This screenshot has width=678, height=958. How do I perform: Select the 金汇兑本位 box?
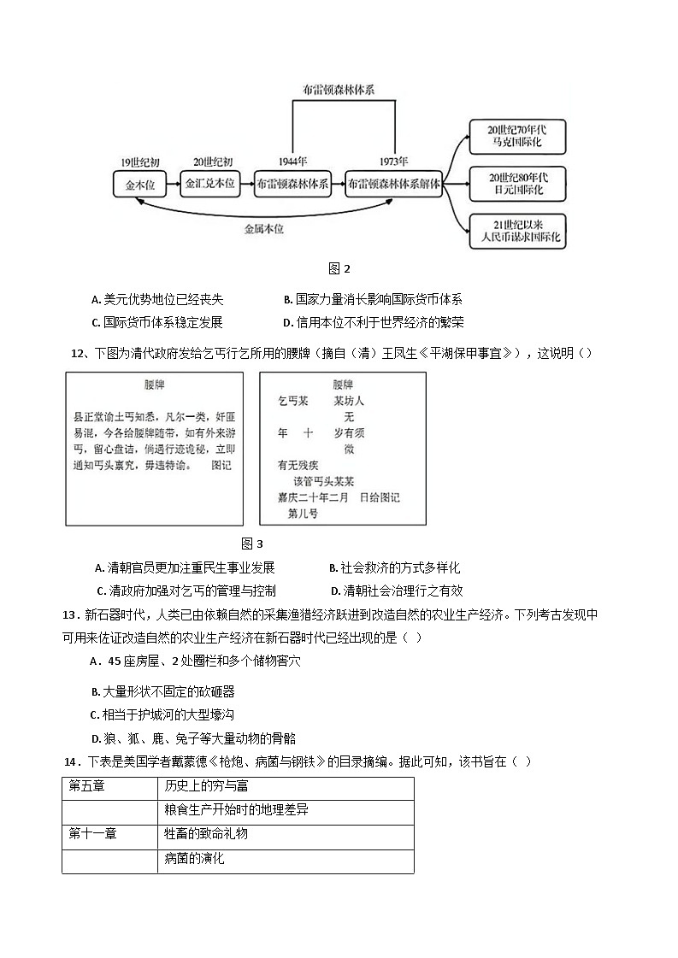coord(210,184)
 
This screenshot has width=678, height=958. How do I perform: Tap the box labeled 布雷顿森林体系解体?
coord(393,184)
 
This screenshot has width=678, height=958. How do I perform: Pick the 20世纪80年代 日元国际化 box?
coord(517,184)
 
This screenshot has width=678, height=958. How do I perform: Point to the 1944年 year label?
coord(293,162)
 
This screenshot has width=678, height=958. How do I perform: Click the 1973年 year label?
coord(394,162)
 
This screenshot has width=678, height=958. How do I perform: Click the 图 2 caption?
coord(340,268)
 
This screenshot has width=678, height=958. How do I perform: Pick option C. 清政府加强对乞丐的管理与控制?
coord(186,591)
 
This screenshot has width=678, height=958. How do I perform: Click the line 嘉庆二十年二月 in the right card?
coord(313,497)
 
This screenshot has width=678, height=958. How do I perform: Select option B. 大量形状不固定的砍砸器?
coord(162,691)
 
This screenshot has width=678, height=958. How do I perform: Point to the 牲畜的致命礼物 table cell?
coord(206,833)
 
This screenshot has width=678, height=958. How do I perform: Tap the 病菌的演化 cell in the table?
coord(194,858)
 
